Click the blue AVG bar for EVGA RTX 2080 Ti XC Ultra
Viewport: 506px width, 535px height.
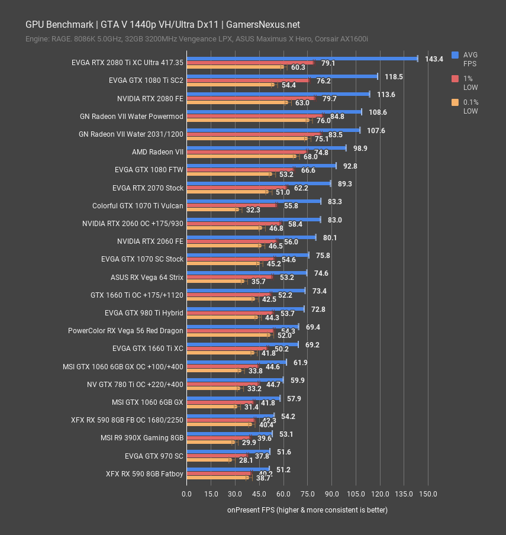coord(302,58)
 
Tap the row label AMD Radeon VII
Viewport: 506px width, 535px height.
coord(157,152)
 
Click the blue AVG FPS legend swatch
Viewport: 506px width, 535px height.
coord(455,54)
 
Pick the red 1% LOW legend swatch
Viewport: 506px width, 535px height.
coord(455,78)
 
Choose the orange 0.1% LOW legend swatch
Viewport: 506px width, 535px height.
coord(455,102)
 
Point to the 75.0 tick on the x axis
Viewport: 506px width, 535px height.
coord(307,494)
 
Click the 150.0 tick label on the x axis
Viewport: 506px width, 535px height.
coord(428,494)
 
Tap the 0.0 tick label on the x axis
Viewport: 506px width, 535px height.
coord(186,494)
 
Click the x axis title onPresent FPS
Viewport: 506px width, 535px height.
coord(307,510)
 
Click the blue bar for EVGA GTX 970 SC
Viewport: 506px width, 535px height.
coord(228,451)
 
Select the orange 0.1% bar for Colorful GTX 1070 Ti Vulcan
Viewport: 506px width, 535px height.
coord(212,210)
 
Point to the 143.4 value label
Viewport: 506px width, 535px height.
coord(434,59)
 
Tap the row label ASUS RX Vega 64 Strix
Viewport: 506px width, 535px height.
coord(147,277)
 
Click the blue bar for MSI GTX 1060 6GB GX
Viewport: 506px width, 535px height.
coord(233,398)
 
